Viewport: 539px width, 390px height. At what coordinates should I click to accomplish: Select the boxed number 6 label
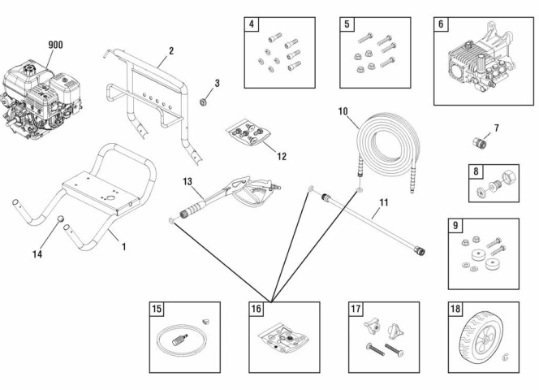coord(441,24)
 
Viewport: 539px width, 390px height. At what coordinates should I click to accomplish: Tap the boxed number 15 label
coord(157,309)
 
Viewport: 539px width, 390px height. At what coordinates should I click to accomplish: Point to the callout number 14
coord(37,254)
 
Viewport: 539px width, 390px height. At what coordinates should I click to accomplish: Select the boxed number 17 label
coord(356,309)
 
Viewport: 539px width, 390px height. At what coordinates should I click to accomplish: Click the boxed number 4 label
coord(252,24)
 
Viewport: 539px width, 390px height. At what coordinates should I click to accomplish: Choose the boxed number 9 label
coord(455,225)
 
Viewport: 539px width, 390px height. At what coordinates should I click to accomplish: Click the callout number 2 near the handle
coord(170,50)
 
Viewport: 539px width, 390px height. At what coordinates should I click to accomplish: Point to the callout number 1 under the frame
coord(123,245)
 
